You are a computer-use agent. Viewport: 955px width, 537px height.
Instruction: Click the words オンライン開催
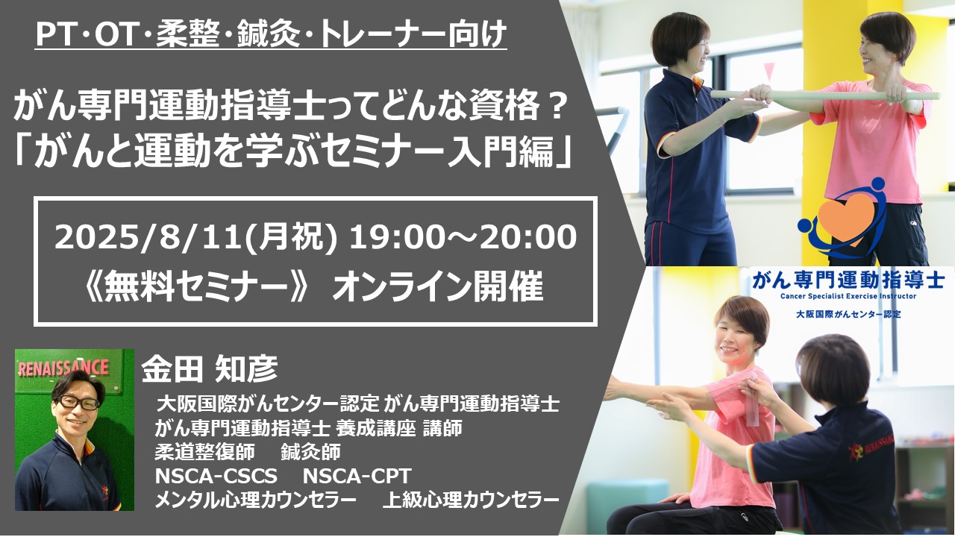[438, 286]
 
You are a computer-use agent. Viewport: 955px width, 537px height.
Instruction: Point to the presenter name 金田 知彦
[210, 368]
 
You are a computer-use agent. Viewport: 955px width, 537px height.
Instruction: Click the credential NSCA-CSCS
[216, 476]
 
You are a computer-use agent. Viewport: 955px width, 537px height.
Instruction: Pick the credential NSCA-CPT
[357, 476]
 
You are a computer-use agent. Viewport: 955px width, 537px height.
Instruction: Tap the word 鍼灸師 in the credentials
[310, 452]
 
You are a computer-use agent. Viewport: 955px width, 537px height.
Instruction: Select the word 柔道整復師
[204, 452]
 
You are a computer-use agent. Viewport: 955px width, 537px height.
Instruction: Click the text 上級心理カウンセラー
[471, 500]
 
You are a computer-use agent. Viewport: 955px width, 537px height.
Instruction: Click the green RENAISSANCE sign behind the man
[63, 368]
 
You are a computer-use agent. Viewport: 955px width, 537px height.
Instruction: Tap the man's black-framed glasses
[78, 402]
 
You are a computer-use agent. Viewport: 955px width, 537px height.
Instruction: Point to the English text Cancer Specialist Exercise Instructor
[848, 296]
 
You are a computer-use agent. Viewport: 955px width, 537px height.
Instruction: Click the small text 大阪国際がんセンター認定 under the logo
[848, 315]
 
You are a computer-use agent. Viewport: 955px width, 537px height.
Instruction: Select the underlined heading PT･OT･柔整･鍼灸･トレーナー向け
[271, 34]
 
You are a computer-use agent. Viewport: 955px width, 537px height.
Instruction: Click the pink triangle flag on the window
[768, 71]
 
